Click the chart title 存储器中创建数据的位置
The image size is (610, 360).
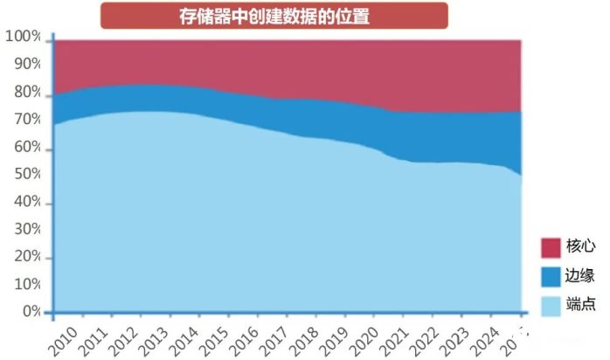274,16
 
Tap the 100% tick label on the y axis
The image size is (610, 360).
23,37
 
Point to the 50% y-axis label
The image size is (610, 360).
26,175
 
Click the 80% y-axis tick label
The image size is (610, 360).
26,92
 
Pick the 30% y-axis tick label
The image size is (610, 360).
26,230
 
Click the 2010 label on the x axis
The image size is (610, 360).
62,337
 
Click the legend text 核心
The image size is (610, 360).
581,247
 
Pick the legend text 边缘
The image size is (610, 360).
581,276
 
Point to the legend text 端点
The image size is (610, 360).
581,305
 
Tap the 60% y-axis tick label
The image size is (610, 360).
26,148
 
